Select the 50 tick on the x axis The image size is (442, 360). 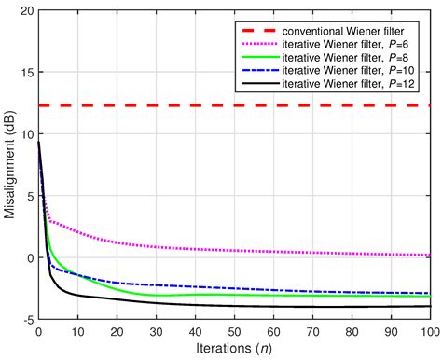click(234, 332)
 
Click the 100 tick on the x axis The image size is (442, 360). click(429, 332)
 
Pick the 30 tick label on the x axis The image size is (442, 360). click(156, 332)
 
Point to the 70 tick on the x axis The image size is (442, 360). click(312, 332)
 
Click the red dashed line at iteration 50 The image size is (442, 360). click(234, 105)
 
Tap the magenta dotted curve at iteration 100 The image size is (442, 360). click(430, 255)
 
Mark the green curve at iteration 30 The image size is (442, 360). click(156, 295)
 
